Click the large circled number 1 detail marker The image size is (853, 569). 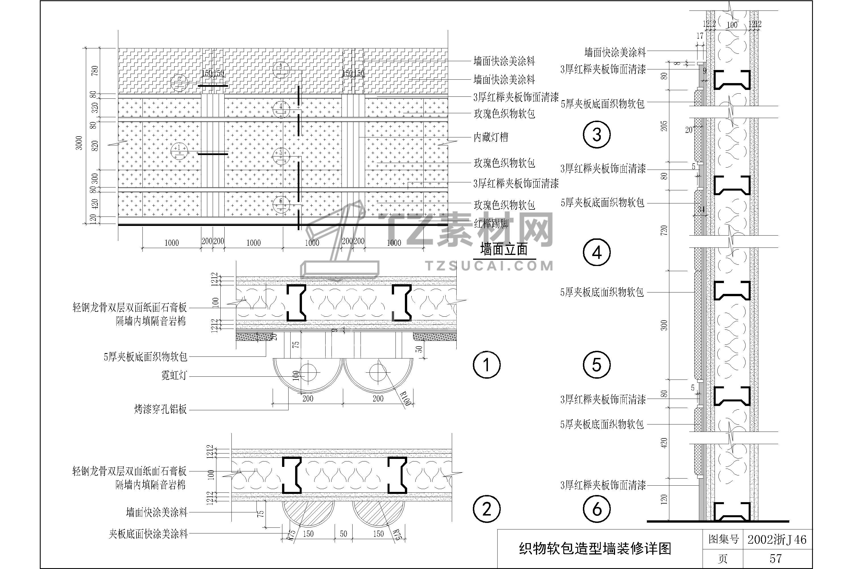(x=486, y=365)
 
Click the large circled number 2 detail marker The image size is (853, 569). (x=486, y=509)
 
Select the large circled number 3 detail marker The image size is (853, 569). (x=597, y=135)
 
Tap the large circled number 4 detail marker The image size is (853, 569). (x=597, y=252)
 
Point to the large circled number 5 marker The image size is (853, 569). (x=597, y=365)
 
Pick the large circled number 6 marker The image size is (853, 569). (x=597, y=509)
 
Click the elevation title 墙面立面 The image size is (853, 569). (x=504, y=250)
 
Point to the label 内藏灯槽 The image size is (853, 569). (x=491, y=137)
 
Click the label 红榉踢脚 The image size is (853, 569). (x=491, y=224)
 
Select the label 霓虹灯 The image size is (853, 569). (x=174, y=375)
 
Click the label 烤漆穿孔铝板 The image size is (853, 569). (x=160, y=410)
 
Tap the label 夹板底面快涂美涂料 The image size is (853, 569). (x=148, y=534)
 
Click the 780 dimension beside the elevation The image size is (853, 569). (x=95, y=70)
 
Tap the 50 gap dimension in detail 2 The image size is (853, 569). (x=343, y=534)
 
